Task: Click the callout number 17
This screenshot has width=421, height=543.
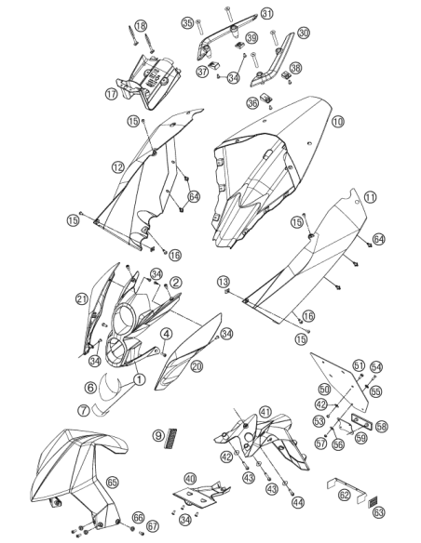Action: click(x=112, y=94)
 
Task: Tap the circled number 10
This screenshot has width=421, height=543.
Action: click(x=338, y=122)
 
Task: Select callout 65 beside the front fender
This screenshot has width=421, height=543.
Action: click(x=113, y=482)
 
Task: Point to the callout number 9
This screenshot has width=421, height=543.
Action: click(x=158, y=435)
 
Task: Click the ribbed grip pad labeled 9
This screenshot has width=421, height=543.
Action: click(x=171, y=439)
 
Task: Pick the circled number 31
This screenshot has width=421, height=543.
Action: click(x=266, y=14)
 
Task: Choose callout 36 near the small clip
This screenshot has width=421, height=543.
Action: click(x=252, y=103)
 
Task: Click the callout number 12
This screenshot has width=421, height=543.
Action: click(x=118, y=167)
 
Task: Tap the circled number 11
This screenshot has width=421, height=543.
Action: click(x=371, y=197)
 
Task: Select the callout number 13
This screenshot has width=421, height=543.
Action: click(x=224, y=281)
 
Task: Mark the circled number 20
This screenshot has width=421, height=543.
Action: click(x=197, y=366)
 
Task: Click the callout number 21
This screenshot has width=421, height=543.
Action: click(x=82, y=299)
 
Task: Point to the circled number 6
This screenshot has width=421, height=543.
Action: click(x=90, y=387)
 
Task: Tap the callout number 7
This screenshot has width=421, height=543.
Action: click(x=84, y=410)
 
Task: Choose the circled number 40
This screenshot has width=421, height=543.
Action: click(x=190, y=479)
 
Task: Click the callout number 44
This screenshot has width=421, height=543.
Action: click(x=297, y=502)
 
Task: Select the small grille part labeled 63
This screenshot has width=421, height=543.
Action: click(x=373, y=502)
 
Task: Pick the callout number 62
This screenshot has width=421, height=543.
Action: click(x=344, y=495)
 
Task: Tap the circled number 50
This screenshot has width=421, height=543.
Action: click(x=324, y=390)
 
